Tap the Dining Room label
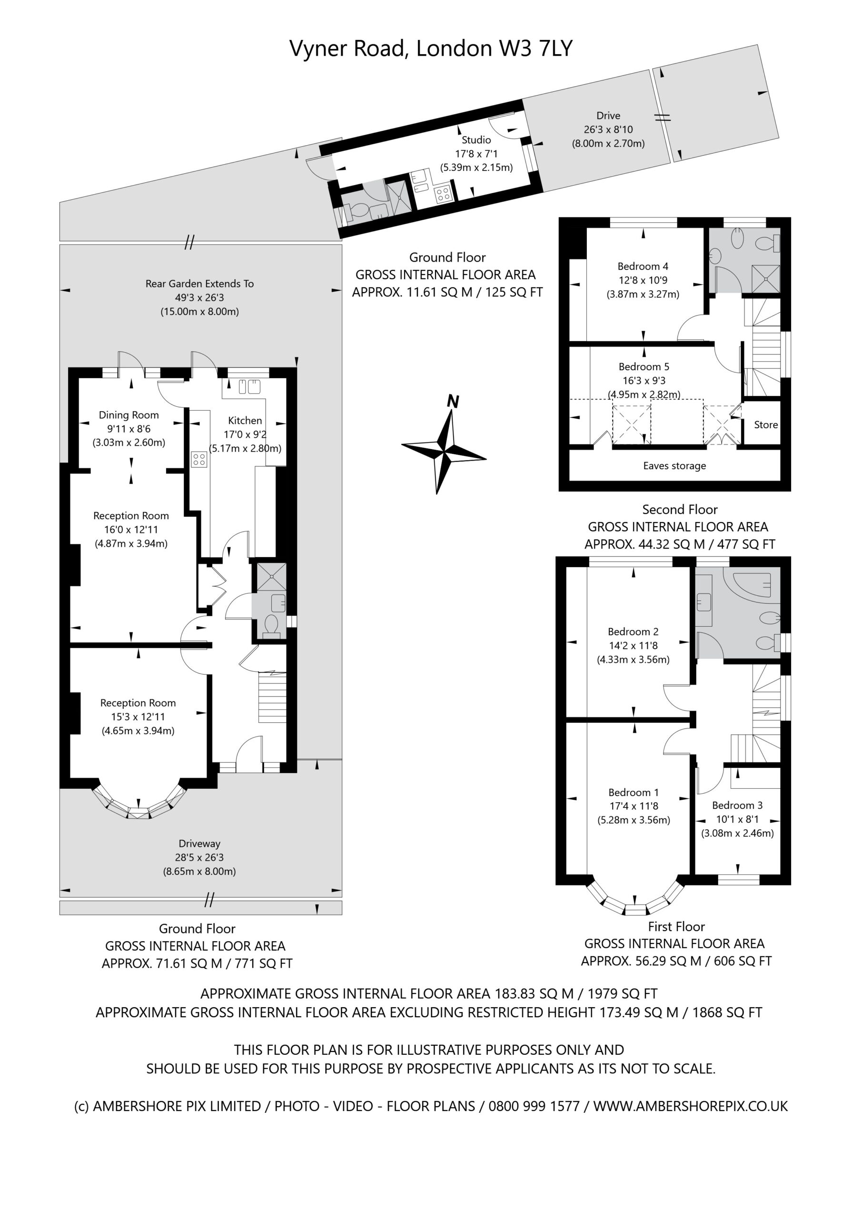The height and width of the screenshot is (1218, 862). point(129,415)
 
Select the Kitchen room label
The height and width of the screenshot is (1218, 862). point(245,420)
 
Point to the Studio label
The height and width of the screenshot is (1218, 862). point(476,139)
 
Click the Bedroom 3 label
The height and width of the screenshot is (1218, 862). point(737,805)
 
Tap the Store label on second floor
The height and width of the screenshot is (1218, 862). point(766,424)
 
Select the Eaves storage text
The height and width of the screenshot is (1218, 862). point(674,466)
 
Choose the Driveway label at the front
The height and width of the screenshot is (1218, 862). point(199,844)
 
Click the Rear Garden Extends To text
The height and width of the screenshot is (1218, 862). point(199,284)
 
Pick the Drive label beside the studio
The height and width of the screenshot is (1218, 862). point(608,116)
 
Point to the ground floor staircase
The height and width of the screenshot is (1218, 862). point(272,697)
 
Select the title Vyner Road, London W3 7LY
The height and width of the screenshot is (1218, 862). point(431,48)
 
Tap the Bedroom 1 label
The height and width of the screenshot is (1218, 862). point(634,793)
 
